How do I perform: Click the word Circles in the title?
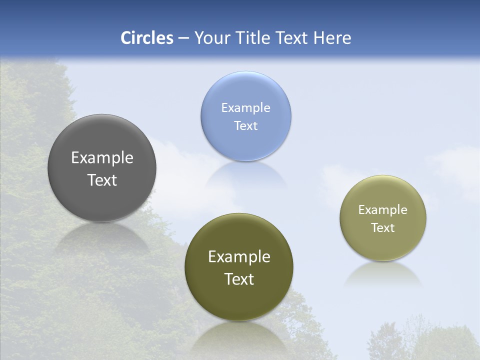click(x=147, y=38)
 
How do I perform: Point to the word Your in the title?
click(x=210, y=38)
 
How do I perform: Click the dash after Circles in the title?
click(x=183, y=38)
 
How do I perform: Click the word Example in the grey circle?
click(x=102, y=158)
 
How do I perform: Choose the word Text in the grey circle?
click(x=102, y=180)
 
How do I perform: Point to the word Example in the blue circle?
click(x=245, y=108)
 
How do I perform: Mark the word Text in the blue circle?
click(x=245, y=126)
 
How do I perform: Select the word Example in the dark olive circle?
click(x=239, y=257)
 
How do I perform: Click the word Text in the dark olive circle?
click(x=239, y=279)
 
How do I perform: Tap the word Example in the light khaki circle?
click(x=383, y=210)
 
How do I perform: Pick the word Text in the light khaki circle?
click(x=383, y=228)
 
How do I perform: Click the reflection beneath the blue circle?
click(x=245, y=175)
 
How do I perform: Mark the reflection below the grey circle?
click(x=102, y=237)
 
